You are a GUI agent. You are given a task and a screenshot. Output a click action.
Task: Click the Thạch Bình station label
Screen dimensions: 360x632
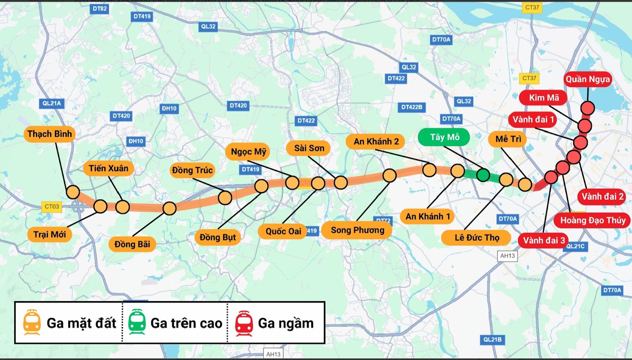(50, 134)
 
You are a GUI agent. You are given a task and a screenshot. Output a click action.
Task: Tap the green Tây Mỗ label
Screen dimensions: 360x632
(444, 137)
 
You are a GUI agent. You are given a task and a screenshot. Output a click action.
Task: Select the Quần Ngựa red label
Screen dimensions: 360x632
(587, 79)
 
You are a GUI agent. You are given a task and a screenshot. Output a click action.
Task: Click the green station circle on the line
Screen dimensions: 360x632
(483, 175)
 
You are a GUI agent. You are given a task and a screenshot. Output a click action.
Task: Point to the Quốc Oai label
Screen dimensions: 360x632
(283, 231)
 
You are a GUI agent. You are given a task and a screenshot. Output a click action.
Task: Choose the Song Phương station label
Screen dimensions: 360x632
(357, 230)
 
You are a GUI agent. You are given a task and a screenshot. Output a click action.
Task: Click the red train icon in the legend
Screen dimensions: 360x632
(244, 323)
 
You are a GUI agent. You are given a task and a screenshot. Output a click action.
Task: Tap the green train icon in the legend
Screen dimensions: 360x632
(137, 323)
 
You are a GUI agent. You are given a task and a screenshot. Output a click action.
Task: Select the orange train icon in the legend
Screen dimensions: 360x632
(32, 323)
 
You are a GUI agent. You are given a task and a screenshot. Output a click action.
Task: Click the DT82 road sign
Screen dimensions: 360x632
(100, 8)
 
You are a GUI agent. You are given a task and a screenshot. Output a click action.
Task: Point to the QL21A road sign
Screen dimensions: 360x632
(52, 103)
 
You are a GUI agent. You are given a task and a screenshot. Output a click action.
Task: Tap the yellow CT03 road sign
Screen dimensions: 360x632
(52, 206)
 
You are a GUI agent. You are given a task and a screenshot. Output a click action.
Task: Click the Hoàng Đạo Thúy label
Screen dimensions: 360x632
(592, 220)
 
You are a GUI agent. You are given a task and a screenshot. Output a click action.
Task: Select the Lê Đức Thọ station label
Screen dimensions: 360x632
(477, 237)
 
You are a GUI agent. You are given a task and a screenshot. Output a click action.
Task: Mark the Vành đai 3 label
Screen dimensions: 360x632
(544, 240)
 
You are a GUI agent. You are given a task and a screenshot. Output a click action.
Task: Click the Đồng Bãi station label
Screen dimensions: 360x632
(132, 244)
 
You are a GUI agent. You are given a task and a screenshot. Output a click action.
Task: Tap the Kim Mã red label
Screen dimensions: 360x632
(544, 98)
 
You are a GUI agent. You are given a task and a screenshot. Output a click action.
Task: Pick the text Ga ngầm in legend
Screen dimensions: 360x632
(286, 323)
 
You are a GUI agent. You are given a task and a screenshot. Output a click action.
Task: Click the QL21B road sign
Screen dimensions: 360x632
(492, 339)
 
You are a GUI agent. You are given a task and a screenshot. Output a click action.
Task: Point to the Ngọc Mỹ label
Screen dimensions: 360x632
(248, 152)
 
